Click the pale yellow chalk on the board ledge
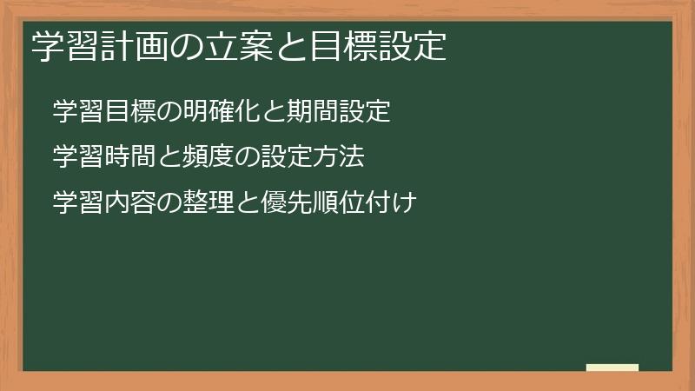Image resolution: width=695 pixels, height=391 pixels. (612, 368)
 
